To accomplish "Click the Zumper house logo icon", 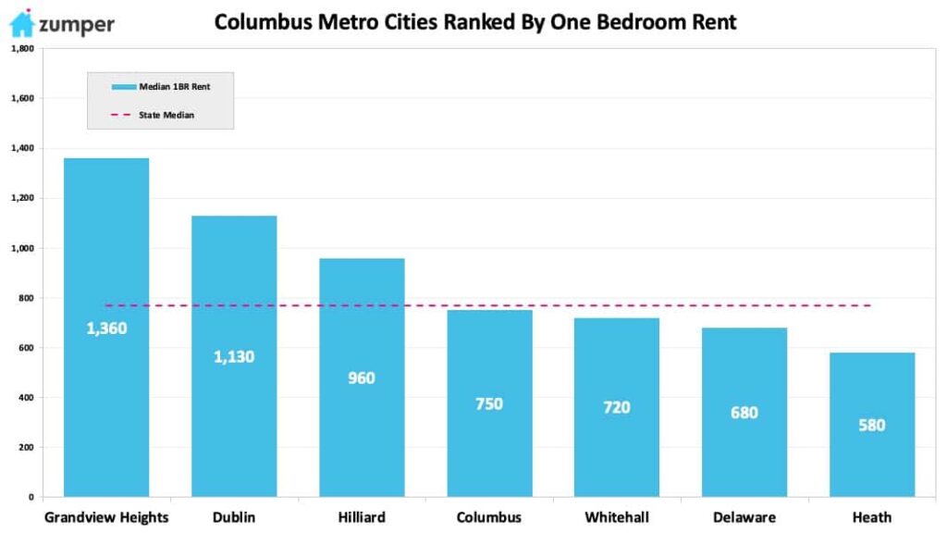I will coord(21,23).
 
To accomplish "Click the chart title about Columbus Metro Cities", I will coord(475,21).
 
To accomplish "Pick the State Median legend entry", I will coord(161,115).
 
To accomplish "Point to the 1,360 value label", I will coord(106,328).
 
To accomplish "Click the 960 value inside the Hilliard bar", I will coord(362,378).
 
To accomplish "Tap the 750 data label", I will coord(489,403).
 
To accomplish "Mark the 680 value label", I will coord(744,413).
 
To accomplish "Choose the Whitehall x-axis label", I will coord(617,517).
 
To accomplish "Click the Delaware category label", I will coord(744,517).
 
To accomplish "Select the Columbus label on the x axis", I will coord(489,517).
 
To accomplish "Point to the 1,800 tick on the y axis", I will coord(21,48).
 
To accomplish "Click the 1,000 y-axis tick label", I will coord(21,248).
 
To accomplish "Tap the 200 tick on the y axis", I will coord(25,448).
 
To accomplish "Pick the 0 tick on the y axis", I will coord(31,498).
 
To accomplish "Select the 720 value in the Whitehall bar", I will coord(617,407).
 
